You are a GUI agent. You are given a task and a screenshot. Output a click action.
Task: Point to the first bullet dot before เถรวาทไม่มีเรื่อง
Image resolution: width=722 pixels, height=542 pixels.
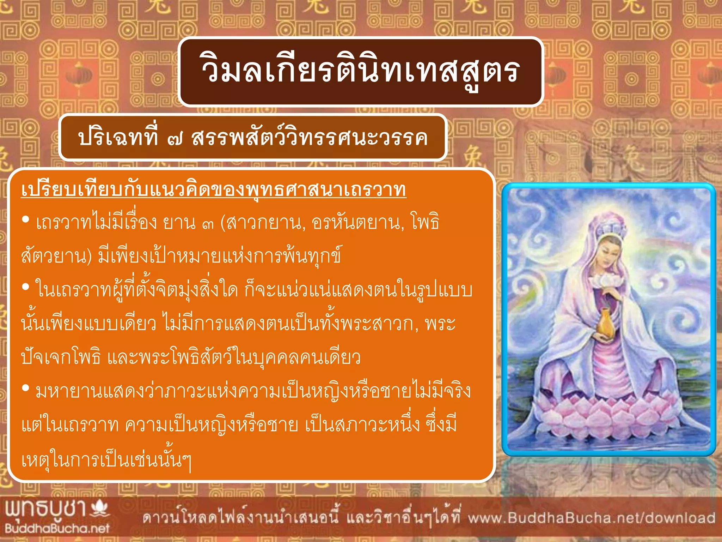[25, 220]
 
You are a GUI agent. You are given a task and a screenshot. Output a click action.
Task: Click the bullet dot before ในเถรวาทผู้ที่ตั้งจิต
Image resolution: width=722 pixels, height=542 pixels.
[25, 287]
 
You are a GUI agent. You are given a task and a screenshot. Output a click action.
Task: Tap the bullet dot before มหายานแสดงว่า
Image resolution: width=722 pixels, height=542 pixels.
[25, 389]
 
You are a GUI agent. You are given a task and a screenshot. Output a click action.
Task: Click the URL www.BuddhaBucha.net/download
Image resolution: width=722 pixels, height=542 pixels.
[591, 518]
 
